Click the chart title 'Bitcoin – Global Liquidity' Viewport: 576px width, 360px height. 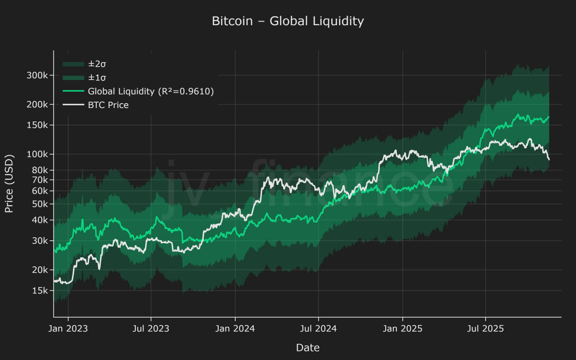tap(288, 21)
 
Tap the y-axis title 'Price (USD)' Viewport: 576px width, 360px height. tap(9, 183)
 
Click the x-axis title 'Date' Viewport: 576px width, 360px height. tap(308, 347)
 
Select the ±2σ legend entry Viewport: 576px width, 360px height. tap(97, 64)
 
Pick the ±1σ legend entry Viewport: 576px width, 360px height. tap(97, 77)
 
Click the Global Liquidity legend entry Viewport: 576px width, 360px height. tap(150, 91)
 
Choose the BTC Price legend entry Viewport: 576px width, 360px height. tap(108, 105)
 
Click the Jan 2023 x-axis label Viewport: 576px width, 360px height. tap(68, 328)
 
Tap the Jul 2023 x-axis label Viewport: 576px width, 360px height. tap(151, 328)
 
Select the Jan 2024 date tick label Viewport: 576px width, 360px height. tap(235, 328)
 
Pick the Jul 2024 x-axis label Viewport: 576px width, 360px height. tap(318, 328)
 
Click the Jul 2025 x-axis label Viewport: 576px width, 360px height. tap(485, 328)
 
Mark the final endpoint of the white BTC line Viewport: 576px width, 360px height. tap(549, 159)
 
